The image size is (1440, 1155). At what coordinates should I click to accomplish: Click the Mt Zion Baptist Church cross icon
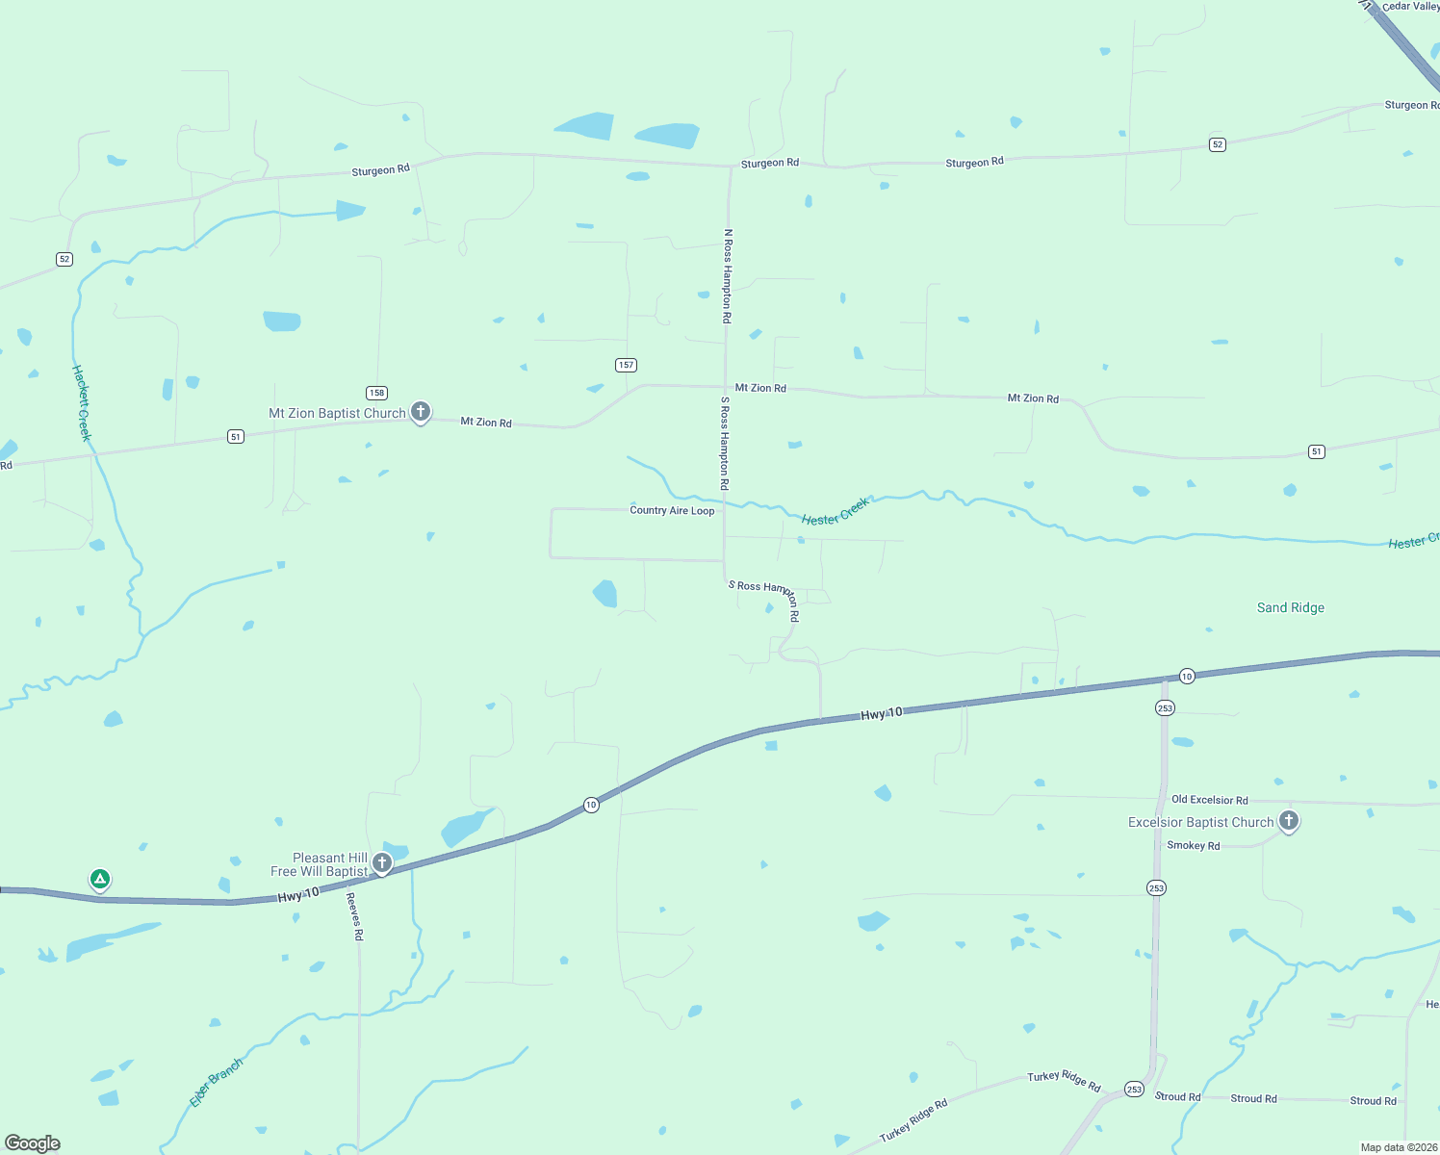pos(421,412)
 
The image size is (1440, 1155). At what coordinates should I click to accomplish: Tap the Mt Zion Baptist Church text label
pos(337,414)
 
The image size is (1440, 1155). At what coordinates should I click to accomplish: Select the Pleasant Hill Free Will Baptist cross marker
pos(382,862)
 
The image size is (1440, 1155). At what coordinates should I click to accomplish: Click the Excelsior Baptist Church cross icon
pos(1289,821)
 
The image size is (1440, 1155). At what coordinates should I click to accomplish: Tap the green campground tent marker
pos(99,879)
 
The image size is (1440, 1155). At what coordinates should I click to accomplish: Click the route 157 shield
pos(627,365)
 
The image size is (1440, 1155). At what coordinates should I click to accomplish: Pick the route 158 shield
pos(376,393)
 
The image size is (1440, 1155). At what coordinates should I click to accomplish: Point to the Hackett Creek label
pos(83,402)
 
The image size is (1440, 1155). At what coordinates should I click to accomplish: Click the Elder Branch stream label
pos(216,1083)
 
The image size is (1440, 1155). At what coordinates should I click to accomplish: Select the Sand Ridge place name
pos(1291,607)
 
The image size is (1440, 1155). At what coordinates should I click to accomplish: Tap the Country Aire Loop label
pos(672,510)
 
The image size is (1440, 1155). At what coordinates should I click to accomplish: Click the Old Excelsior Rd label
pos(1209,800)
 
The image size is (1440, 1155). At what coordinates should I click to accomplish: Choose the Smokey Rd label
pos(1193,846)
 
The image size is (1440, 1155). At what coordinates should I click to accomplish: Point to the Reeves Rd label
pos(354,916)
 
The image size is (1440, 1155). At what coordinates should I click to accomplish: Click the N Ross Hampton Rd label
pos(728,275)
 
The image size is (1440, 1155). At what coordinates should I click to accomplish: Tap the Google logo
pos(33,1143)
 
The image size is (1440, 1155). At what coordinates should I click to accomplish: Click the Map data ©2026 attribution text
pos(1399,1147)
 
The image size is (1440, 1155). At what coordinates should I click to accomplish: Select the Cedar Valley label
pos(1410,7)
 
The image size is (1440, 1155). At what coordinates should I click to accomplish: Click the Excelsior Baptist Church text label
pos(1200,822)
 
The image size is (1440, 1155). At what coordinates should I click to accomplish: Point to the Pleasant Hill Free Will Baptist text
pos(320,864)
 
